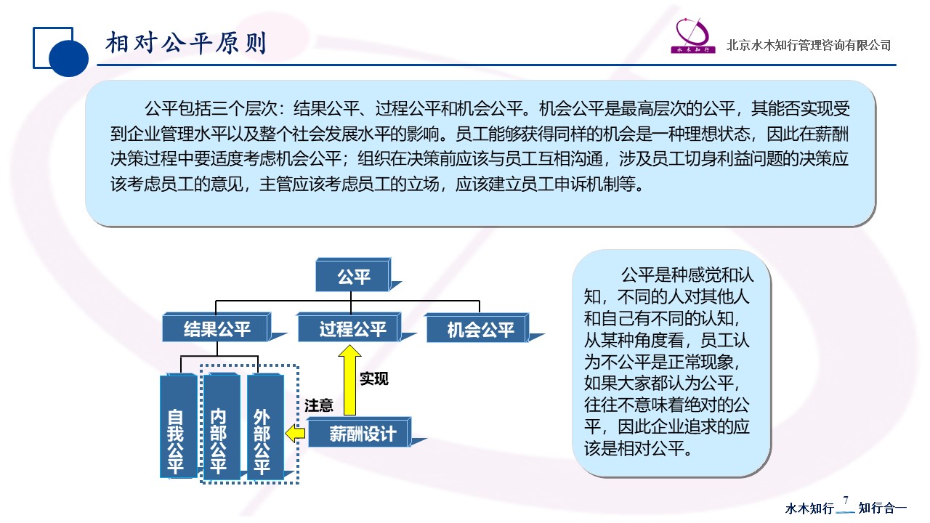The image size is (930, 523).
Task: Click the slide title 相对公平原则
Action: tap(186, 44)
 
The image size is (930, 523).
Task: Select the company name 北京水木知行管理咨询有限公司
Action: tap(809, 46)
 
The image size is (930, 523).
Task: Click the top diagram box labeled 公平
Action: tap(354, 277)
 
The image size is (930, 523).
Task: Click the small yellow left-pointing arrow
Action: tap(295, 434)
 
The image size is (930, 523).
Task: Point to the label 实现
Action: tap(374, 379)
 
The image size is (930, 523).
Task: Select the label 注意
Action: tap(319, 405)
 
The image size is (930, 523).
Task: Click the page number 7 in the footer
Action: tap(845, 500)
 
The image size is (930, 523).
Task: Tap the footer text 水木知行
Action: tap(809, 508)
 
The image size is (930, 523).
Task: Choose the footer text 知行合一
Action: tap(883, 508)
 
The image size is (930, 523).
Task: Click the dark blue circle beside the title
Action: tap(70, 57)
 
